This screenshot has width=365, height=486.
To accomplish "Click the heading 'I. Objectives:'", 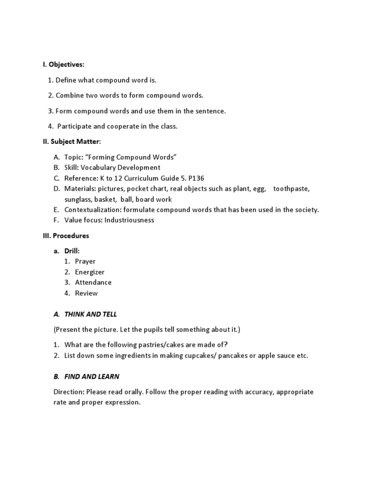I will [63, 65].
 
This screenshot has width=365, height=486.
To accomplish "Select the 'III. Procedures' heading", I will [66, 235].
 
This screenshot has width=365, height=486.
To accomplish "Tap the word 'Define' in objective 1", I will [66, 80].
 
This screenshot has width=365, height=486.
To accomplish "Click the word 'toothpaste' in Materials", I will [291, 189].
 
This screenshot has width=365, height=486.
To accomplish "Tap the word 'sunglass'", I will [77, 199].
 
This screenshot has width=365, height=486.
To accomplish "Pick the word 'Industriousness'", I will [129, 220].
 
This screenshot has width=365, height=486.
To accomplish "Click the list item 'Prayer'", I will [85, 262].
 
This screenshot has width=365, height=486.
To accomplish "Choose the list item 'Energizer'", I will [89, 272].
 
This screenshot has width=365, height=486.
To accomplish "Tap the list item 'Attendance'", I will [93, 282].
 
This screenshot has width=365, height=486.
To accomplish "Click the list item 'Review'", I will [86, 293].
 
